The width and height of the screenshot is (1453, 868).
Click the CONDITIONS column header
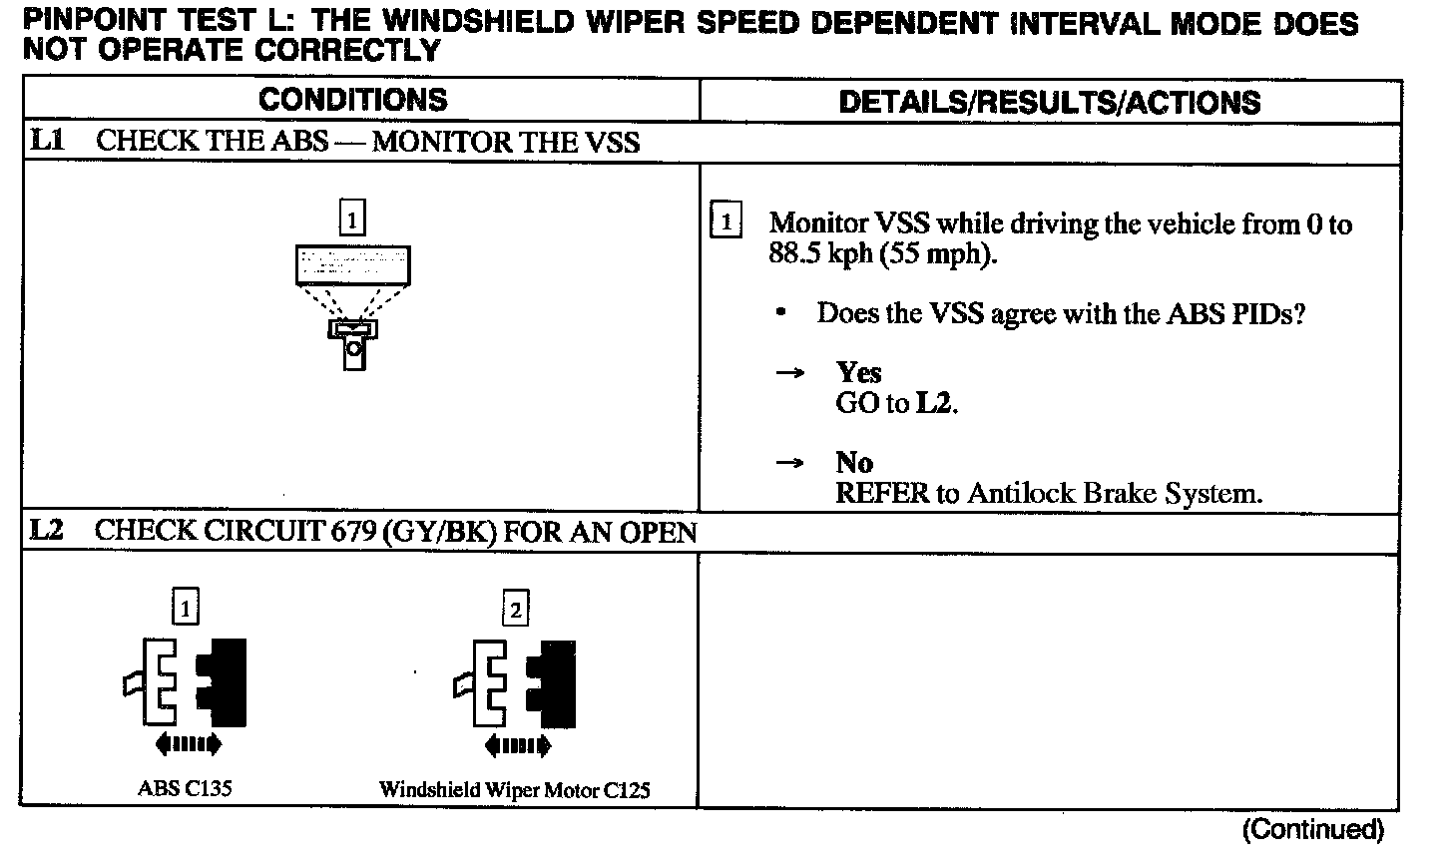(352, 100)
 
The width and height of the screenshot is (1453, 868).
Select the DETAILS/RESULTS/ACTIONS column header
(1049, 102)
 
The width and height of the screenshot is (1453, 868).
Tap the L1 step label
(47, 141)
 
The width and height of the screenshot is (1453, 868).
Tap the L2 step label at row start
(47, 530)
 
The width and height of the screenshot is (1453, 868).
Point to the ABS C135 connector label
(185, 788)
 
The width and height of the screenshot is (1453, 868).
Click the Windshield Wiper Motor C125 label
(514, 790)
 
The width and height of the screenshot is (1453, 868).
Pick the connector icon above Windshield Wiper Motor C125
(516, 683)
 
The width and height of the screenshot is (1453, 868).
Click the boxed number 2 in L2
(515, 609)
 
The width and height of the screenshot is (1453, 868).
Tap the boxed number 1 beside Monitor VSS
(726, 220)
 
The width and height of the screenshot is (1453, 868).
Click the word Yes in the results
(858, 373)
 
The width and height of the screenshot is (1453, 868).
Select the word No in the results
(854, 463)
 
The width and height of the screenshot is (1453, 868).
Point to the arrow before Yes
(790, 373)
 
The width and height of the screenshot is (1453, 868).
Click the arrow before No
(790, 464)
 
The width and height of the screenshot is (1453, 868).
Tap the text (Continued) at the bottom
(1312, 829)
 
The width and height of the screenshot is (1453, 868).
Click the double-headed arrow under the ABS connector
(188, 743)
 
